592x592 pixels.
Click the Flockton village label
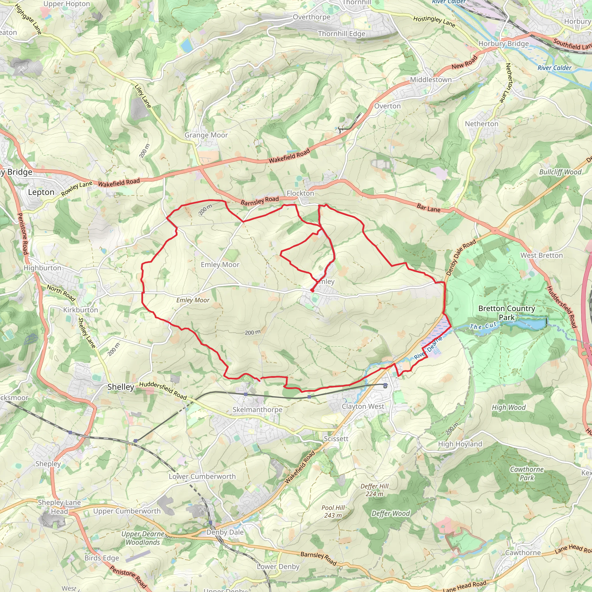click(x=300, y=193)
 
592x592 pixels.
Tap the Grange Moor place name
click(x=206, y=135)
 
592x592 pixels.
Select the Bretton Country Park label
click(x=506, y=313)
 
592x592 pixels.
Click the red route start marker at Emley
click(x=312, y=290)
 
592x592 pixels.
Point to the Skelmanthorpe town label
click(x=257, y=410)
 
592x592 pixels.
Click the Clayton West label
click(x=363, y=407)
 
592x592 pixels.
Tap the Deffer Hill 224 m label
click(x=374, y=490)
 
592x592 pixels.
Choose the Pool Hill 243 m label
click(x=333, y=511)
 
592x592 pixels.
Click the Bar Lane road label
click(x=428, y=208)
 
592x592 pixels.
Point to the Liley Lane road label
click(x=143, y=96)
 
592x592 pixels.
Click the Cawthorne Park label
click(x=526, y=473)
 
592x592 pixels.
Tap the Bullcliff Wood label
click(x=560, y=172)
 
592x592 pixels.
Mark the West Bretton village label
click(x=541, y=256)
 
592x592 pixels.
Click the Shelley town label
click(x=121, y=387)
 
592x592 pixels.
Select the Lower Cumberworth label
click(x=202, y=476)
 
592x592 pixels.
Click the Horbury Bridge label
click(x=504, y=44)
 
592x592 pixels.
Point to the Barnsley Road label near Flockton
click(x=260, y=201)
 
